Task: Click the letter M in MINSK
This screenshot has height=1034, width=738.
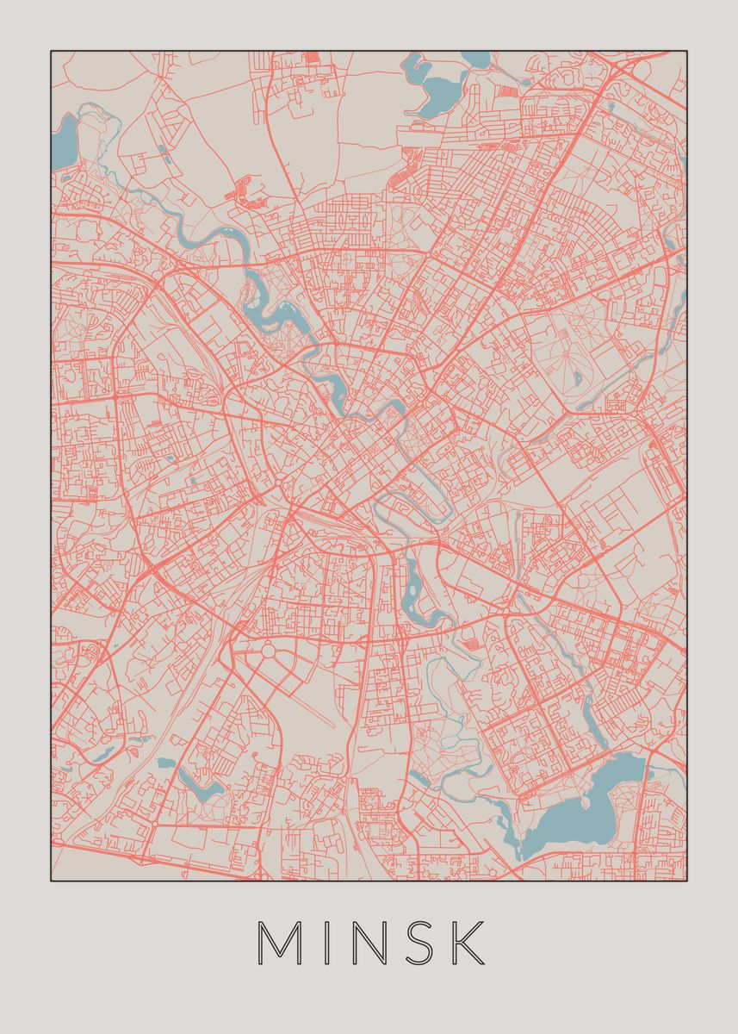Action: [279, 944]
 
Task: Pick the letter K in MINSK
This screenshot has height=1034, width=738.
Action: [468, 944]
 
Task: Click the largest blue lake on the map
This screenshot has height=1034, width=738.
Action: [586, 797]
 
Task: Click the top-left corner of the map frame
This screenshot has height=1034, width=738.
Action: [51, 51]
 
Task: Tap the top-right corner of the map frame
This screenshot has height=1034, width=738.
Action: [686, 51]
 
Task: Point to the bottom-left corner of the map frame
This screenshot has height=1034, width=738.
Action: [51, 880]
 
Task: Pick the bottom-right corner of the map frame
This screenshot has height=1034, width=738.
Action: [686, 880]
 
